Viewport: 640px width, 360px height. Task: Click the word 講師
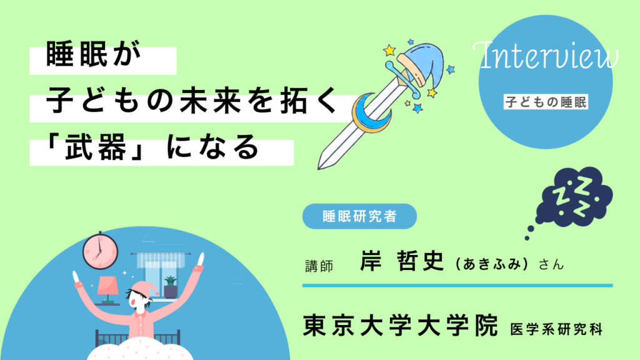(318, 265)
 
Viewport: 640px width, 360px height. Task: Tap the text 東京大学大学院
(401, 326)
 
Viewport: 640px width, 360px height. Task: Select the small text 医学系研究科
(556, 328)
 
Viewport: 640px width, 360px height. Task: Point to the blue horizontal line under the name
(457, 286)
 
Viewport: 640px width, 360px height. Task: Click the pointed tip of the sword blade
(320, 167)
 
